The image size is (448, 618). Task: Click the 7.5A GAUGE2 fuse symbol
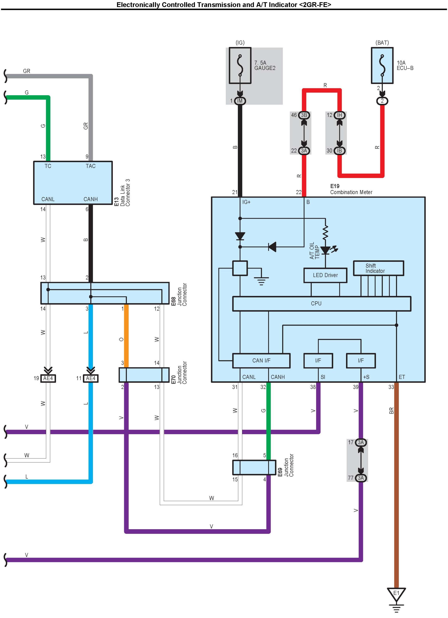point(240,65)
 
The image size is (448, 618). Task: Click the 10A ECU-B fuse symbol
point(382,65)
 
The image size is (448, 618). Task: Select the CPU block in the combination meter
point(322,304)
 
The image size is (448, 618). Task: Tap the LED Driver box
point(325,275)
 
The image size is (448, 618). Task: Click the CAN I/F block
point(261,361)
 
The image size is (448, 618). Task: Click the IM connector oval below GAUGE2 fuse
point(240,101)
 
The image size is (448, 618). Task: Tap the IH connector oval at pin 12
point(339,115)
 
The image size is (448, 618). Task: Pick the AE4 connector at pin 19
point(48,378)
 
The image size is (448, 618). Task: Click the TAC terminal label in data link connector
point(91,166)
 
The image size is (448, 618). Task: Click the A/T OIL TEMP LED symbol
point(325,250)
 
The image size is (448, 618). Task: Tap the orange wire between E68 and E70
point(126,335)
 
